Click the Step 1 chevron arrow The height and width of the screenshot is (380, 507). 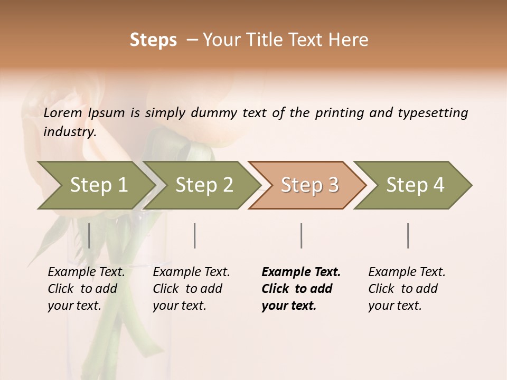point(98,185)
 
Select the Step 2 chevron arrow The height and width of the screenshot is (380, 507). point(204,185)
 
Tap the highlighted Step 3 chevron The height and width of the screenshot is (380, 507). point(309,185)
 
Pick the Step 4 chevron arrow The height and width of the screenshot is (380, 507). point(415,185)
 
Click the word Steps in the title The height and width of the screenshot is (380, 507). point(153,40)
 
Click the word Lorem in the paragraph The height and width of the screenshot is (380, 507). point(63,113)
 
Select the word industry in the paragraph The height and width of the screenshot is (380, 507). point(69,132)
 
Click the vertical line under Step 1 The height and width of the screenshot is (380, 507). point(89,235)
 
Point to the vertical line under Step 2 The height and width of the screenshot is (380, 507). point(195,235)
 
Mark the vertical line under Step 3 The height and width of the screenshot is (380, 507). point(301,235)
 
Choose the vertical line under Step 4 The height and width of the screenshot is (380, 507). point(408,235)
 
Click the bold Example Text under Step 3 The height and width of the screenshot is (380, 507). point(301,272)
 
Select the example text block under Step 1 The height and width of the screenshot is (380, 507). point(86,289)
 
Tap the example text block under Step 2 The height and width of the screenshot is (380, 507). point(191,289)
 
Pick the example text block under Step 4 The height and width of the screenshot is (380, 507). point(407,289)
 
